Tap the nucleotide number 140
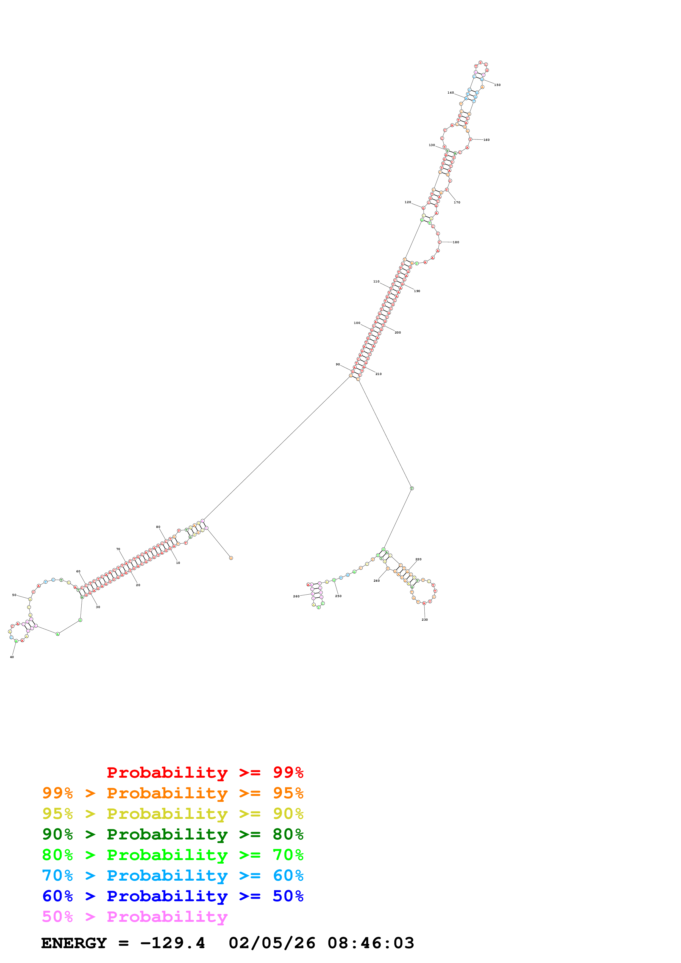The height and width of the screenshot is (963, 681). pyautogui.click(x=451, y=93)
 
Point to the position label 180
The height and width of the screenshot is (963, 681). pyautogui.click(x=456, y=242)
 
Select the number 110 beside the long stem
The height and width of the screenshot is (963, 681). pyautogui.click(x=376, y=282)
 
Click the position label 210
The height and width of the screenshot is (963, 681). pyautogui.click(x=379, y=374)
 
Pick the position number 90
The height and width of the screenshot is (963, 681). pyautogui.click(x=338, y=365)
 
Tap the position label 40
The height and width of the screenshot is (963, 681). pyautogui.click(x=12, y=657)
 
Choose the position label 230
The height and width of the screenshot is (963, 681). pyautogui.click(x=425, y=620)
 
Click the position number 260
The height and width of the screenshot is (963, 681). pyautogui.click(x=296, y=597)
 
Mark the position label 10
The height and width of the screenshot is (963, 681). pyautogui.click(x=178, y=563)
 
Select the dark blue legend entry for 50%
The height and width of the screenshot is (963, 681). pyautogui.click(x=173, y=896)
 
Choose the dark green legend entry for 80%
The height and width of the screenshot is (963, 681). pyautogui.click(x=173, y=835)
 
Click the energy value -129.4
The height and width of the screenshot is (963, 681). pyautogui.click(x=173, y=943)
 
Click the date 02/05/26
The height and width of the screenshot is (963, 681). pyautogui.click(x=272, y=943)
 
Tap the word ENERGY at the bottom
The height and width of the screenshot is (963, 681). pyautogui.click(x=74, y=943)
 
